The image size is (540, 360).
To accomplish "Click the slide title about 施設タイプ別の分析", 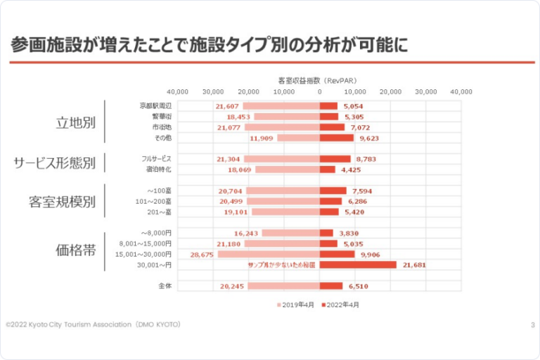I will point(210,46).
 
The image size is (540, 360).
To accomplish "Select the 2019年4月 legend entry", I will point(296,305).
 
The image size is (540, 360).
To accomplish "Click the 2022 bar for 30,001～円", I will point(357,265).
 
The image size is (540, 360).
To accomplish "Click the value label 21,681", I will point(412,265).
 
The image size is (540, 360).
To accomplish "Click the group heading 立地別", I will point(76,122).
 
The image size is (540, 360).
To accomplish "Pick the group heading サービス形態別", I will point(55,163).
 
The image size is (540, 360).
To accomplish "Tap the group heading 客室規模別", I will point(63,202).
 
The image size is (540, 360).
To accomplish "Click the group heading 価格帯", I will point(76,249).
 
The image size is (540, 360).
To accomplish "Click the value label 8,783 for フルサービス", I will point(366,159).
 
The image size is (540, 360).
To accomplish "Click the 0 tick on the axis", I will point(319,91).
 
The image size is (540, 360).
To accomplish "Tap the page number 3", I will point(532,324).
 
